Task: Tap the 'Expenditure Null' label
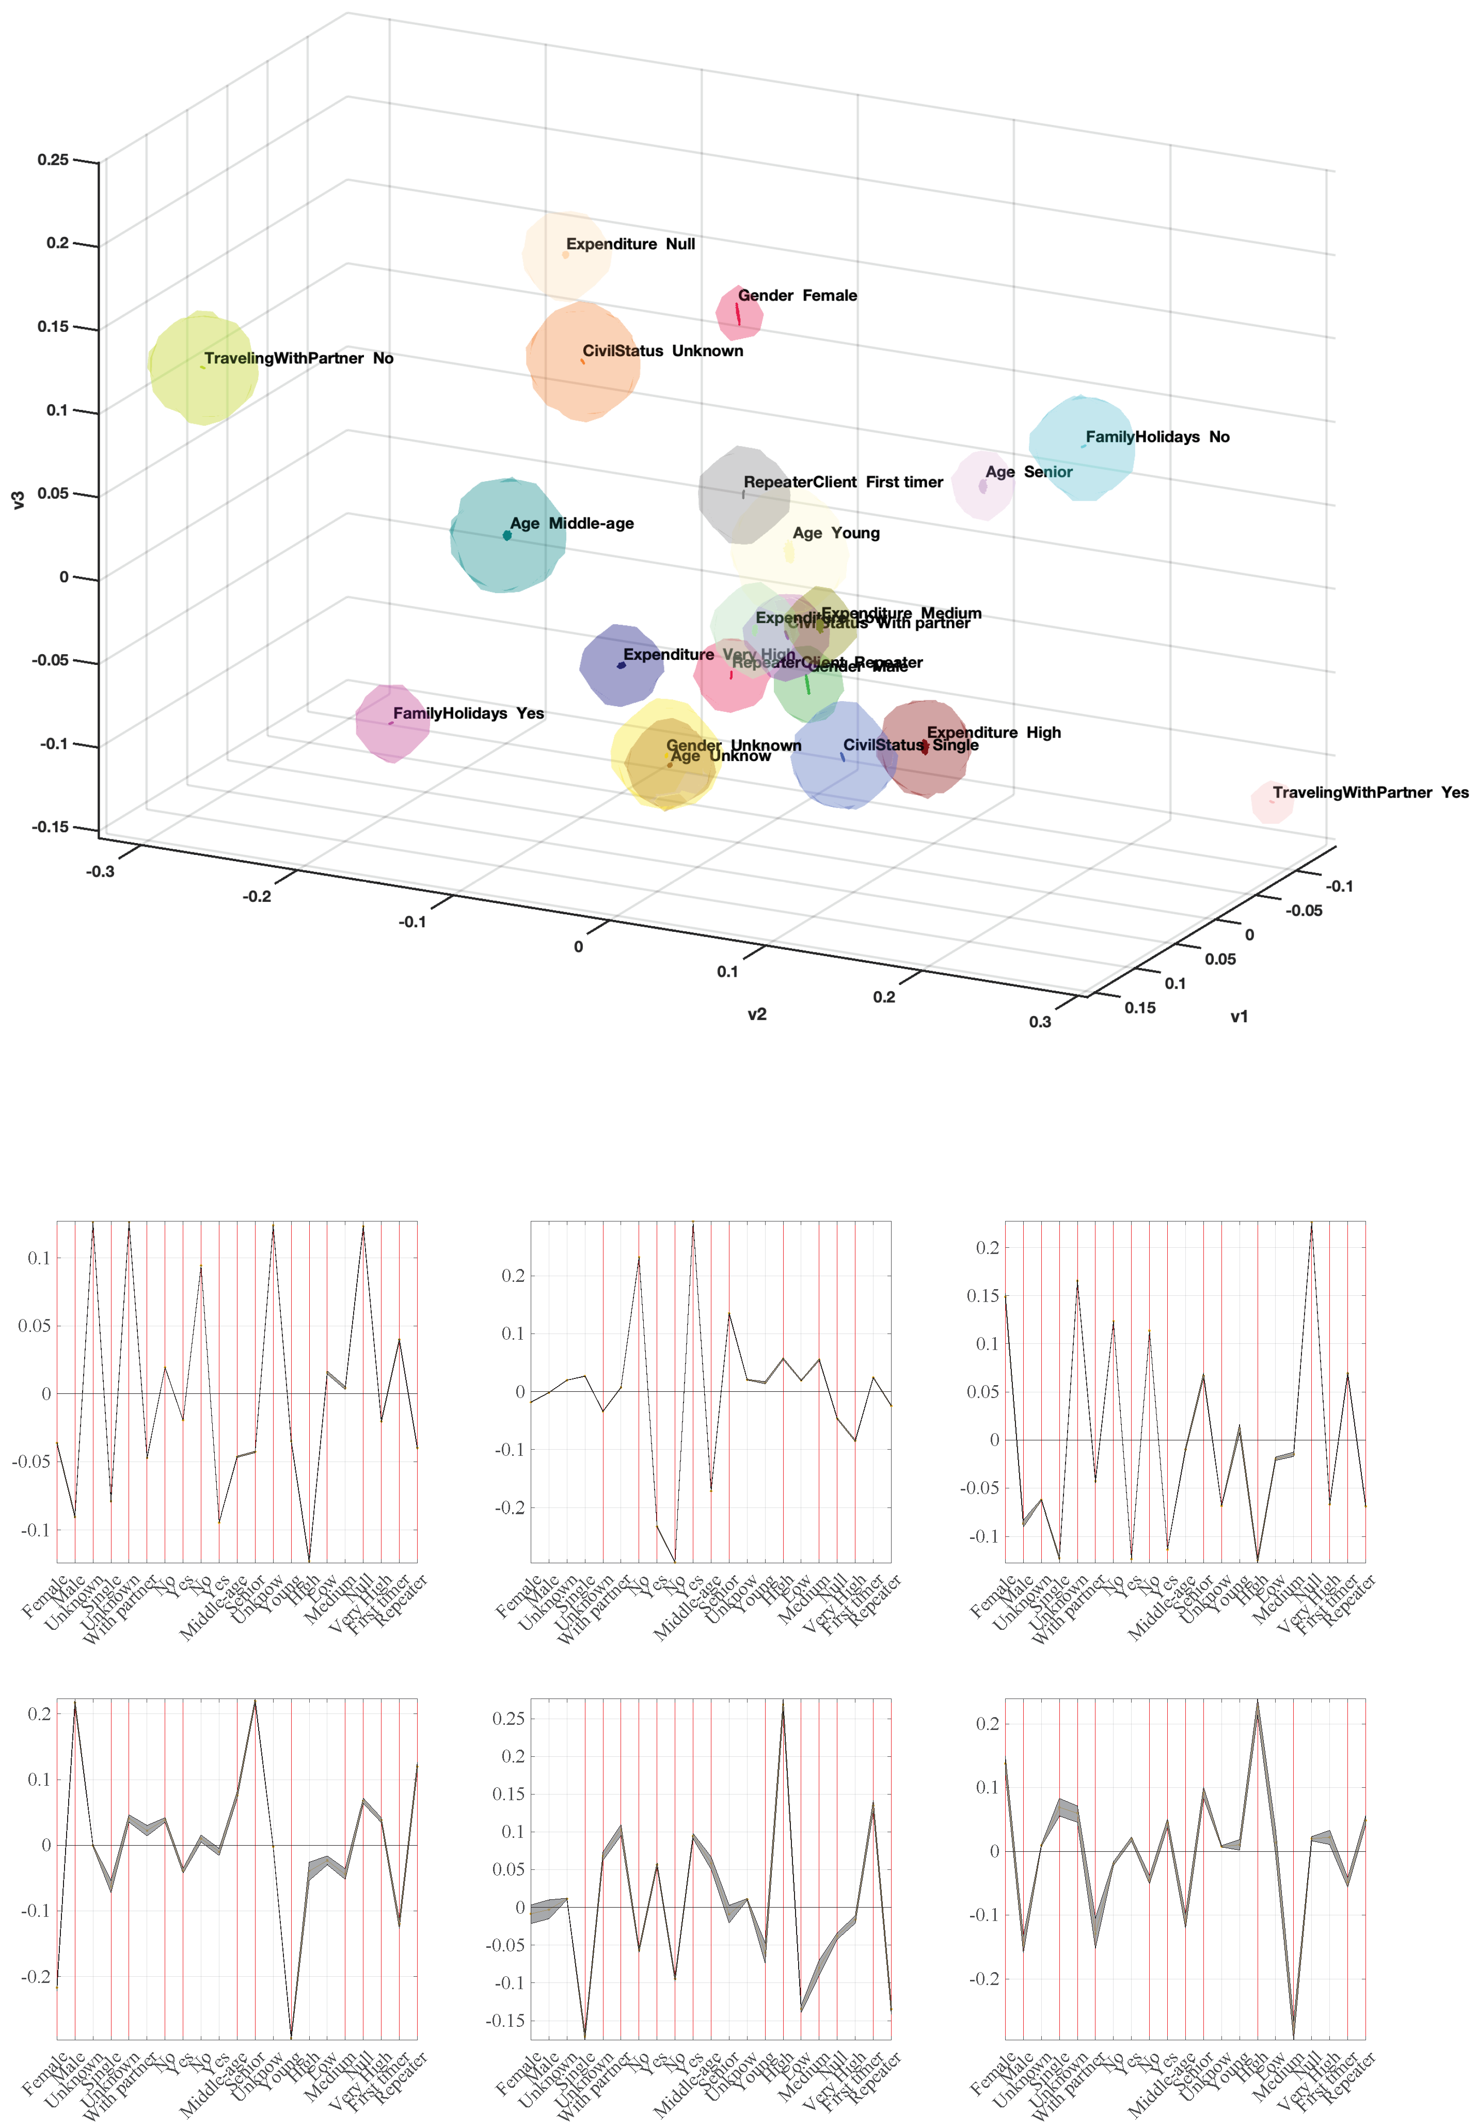pyautogui.click(x=630, y=244)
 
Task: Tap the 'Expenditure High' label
pyautogui.click(x=994, y=733)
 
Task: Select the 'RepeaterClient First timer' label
pyautogui.click(x=843, y=482)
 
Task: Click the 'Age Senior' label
pyautogui.click(x=1028, y=472)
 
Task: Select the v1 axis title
pyautogui.click(x=1238, y=1017)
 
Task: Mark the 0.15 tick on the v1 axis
pyautogui.click(x=1139, y=1008)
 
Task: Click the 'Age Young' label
pyautogui.click(x=836, y=533)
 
